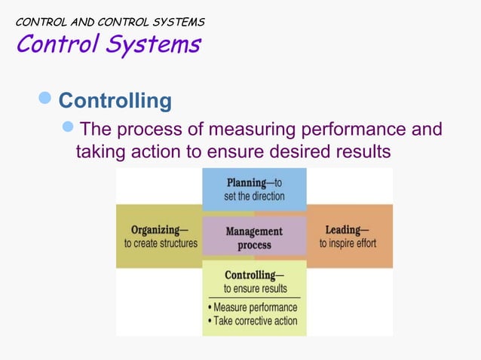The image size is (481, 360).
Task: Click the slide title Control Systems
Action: point(108,44)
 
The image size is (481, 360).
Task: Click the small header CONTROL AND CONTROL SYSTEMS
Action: point(110,22)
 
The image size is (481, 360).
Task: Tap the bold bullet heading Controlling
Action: point(115,101)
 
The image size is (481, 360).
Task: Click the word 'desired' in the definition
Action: point(291,152)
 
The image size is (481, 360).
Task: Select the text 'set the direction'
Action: point(254,196)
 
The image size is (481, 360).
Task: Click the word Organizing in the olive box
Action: point(154,230)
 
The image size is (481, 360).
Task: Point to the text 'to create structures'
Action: point(161,243)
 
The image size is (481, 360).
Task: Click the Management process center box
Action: point(254,238)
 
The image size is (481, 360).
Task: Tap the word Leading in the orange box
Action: point(342,230)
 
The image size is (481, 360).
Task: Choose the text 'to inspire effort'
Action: point(348,243)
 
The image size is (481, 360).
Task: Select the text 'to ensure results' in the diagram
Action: point(255,288)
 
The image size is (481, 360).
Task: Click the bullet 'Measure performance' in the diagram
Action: point(254,307)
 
